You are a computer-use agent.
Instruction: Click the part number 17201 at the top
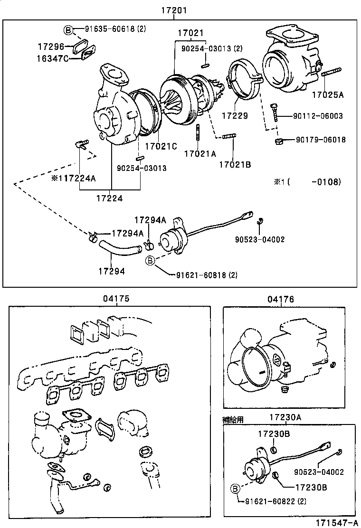tap(173, 10)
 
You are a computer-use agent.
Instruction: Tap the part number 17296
tap(51, 47)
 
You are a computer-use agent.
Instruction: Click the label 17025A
tap(327, 94)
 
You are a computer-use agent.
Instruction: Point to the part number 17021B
tap(235, 165)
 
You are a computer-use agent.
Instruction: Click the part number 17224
tap(109, 198)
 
